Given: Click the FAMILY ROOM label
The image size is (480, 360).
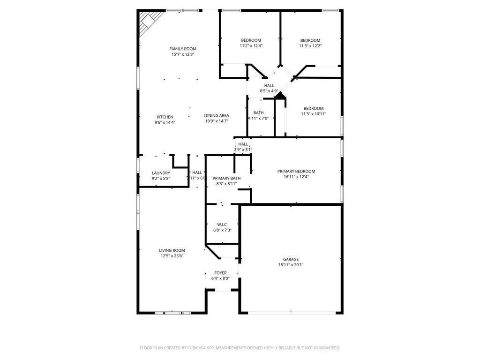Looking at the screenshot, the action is [183, 49].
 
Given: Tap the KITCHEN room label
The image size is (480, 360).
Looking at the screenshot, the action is [165, 117].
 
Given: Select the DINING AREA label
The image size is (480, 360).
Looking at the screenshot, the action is [217, 115].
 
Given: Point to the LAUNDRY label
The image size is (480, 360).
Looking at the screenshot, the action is [161, 173].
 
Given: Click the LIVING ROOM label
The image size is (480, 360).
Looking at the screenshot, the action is [172, 250].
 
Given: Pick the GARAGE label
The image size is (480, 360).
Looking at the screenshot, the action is [291, 259].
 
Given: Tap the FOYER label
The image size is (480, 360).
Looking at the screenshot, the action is [220, 273].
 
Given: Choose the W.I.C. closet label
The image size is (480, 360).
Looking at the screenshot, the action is [223, 225].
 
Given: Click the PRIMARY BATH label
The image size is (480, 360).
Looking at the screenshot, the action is [226, 178].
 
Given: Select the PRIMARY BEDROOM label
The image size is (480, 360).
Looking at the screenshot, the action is [296, 172].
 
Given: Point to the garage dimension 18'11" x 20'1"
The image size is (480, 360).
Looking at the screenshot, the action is [291, 265].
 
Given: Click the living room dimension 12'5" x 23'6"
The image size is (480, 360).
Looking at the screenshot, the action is [172, 256].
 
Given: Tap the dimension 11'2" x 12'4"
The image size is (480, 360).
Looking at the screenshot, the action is [251, 46].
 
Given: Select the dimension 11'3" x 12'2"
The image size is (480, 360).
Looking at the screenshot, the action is [310, 46].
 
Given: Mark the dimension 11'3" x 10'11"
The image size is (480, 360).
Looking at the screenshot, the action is [314, 114].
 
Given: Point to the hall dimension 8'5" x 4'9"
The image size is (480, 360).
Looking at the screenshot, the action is [269, 91].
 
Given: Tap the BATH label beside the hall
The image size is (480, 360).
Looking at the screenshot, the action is [259, 112].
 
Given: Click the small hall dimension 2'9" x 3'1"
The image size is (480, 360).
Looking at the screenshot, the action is [243, 150].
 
